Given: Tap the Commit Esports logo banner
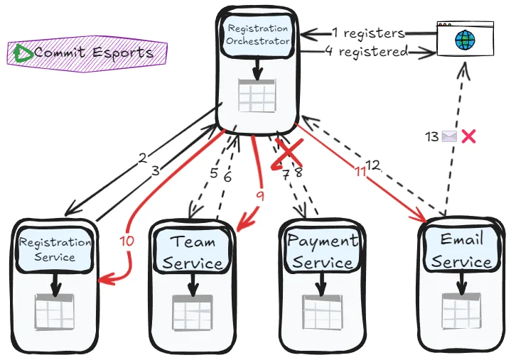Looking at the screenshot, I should pyautogui.click(x=87, y=53).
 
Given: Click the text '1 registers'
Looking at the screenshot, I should pyautogui.click(x=368, y=33).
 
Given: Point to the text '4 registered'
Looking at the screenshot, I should pyautogui.click(x=367, y=51).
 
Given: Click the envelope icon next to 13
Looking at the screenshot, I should pyautogui.click(x=449, y=136).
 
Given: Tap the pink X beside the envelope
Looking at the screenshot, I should pyautogui.click(x=468, y=136).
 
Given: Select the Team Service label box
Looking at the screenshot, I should pyautogui.click(x=193, y=252).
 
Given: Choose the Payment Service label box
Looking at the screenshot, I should pyautogui.click(x=323, y=251).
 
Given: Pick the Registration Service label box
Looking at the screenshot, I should pyautogui.click(x=55, y=249).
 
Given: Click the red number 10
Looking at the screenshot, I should pyautogui.click(x=127, y=241).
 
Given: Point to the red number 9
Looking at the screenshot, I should pyautogui.click(x=260, y=197).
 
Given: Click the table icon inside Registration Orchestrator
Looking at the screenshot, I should pyautogui.click(x=257, y=96).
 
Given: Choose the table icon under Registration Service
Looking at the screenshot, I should pyautogui.click(x=55, y=311).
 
